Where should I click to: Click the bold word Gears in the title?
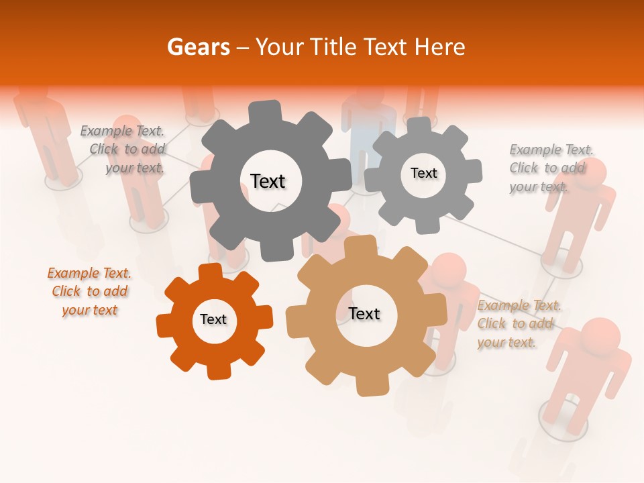pyautogui.click(x=199, y=47)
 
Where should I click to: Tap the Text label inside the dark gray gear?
pyautogui.click(x=268, y=181)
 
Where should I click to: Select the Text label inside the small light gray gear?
pyautogui.click(x=423, y=173)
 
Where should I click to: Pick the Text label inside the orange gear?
pyautogui.click(x=213, y=319)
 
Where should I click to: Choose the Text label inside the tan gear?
pyautogui.click(x=364, y=313)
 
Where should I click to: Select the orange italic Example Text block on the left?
pyautogui.click(x=89, y=291)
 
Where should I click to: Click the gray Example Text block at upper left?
pyautogui.click(x=122, y=149)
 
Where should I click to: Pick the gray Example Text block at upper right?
pyautogui.click(x=551, y=168)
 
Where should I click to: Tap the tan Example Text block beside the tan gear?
pyautogui.click(x=519, y=323)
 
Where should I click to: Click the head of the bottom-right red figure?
pyautogui.click(x=600, y=335)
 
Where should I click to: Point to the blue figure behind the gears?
pyautogui.click(x=368, y=124)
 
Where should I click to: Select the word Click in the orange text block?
pyautogui.click(x=66, y=291)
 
